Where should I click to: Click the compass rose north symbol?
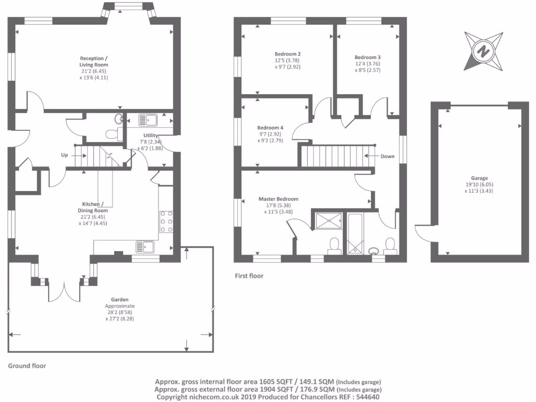483,51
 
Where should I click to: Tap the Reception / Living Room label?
94,61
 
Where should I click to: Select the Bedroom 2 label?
287,54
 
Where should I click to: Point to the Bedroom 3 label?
367,57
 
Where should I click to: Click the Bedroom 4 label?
270,128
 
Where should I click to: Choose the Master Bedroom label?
278,199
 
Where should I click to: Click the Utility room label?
143,136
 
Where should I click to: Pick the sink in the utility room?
148,120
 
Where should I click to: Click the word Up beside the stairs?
64,155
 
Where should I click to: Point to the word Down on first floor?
387,156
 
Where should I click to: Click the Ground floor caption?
27,366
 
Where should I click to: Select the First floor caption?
249,276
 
